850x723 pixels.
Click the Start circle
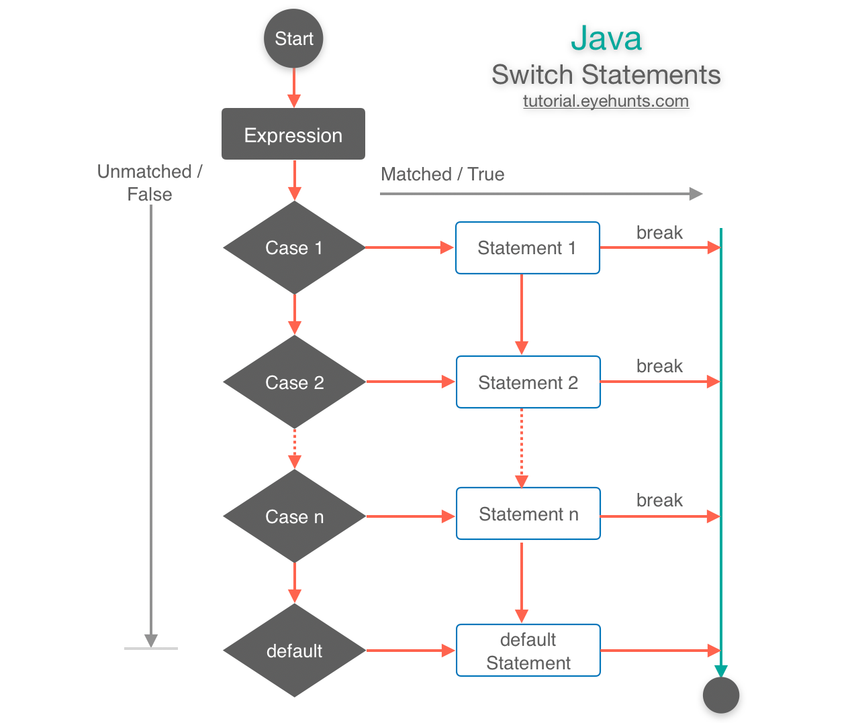[x=293, y=39]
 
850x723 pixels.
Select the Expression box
[x=293, y=134]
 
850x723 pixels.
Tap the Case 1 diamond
[x=294, y=247]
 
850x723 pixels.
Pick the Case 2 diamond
[x=294, y=382]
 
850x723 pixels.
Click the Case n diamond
[x=294, y=516]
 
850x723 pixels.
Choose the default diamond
[x=294, y=650]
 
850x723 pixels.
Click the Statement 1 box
[x=527, y=247]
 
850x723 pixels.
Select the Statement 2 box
[x=528, y=382]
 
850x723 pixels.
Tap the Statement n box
[x=528, y=514]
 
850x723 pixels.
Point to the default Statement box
[x=528, y=651]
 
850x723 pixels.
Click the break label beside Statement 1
[x=659, y=233]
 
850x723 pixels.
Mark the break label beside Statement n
[x=659, y=500]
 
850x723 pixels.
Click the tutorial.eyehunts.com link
[x=606, y=101]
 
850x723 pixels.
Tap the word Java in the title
[x=606, y=38]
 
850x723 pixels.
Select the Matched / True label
[x=442, y=174]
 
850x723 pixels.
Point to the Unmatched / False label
[x=150, y=182]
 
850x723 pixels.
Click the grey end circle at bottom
[x=721, y=695]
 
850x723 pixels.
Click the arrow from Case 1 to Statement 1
[x=410, y=247]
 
